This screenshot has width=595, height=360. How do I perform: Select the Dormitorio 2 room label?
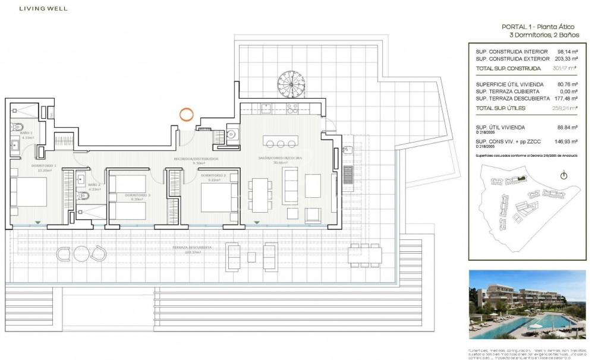click(212, 176)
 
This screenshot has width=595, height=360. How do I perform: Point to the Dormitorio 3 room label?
click(137, 196)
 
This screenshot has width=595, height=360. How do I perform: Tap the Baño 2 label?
click(95, 185)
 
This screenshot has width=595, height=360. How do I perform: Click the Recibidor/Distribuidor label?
click(196, 160)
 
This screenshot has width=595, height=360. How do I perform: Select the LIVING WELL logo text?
click(43, 9)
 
